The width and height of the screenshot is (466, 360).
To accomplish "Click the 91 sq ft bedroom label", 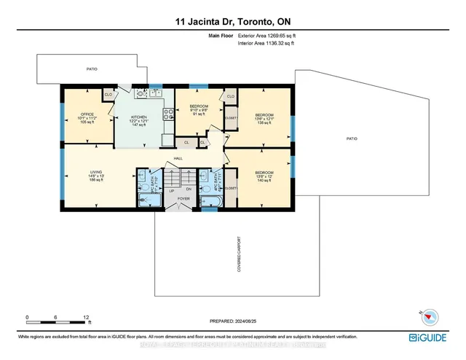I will click(199, 107).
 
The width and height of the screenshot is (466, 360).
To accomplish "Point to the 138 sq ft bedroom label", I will click(264, 114).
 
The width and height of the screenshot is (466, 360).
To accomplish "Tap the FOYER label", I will click(173, 208).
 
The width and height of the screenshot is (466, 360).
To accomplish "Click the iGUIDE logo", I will click(433, 337).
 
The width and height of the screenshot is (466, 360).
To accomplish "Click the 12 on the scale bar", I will click(86, 318).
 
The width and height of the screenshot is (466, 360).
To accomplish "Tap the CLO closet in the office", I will click(108, 95).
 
